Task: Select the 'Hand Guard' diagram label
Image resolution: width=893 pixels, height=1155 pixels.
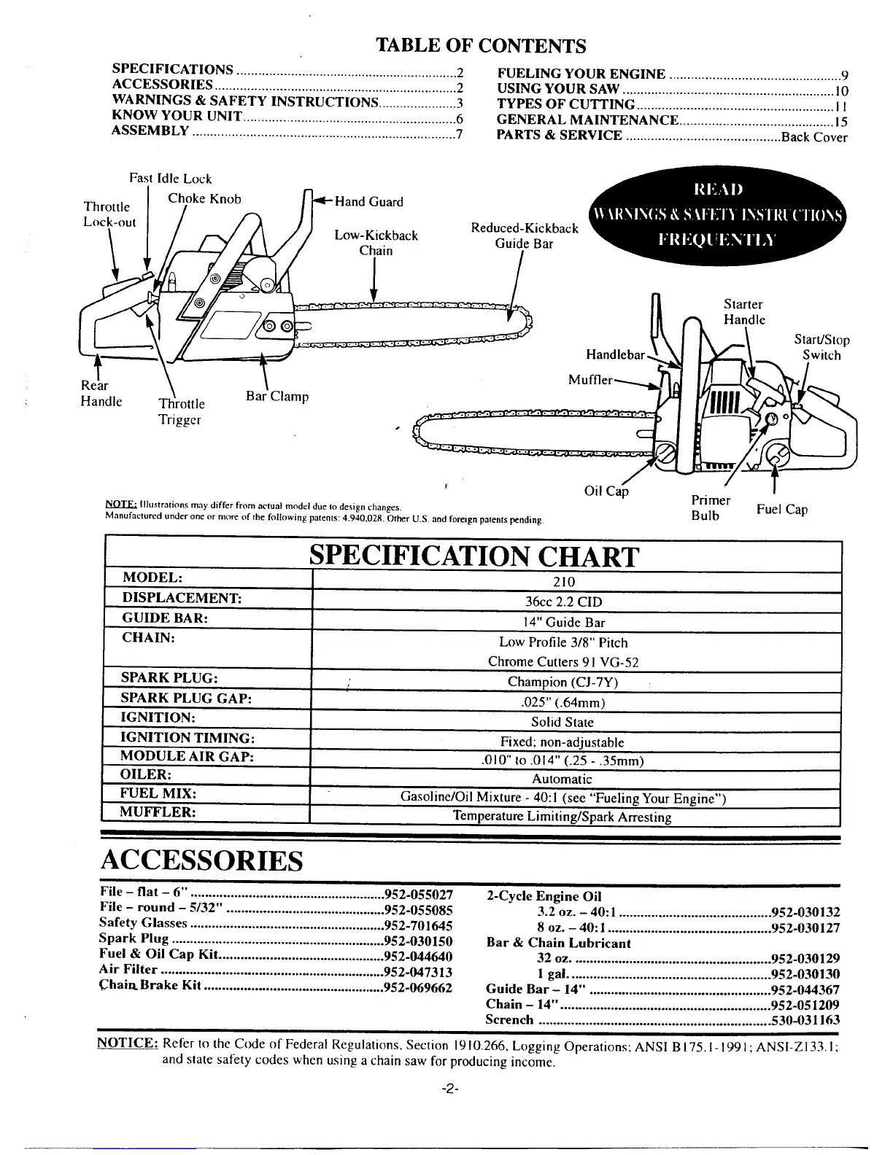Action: [368, 202]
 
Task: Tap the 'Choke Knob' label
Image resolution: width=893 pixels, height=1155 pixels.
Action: [204, 198]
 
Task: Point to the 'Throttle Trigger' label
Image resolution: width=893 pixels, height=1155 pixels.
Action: [182, 411]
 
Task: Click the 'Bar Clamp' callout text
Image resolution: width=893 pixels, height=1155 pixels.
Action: [277, 397]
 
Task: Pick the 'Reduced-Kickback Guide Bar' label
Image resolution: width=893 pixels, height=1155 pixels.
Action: [524, 236]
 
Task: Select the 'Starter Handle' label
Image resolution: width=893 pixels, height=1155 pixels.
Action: [743, 312]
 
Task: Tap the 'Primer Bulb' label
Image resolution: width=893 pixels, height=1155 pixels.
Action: [711, 508]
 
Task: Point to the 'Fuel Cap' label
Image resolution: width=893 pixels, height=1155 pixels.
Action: [782, 509]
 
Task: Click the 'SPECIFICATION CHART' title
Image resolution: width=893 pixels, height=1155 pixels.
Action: [474, 557]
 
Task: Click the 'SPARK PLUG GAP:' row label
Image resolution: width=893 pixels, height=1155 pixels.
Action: [186, 698]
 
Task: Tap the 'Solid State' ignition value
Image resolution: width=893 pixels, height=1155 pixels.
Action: [562, 723]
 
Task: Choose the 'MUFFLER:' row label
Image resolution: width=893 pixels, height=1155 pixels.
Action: [158, 812]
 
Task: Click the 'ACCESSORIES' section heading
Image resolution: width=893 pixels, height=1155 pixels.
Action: [201, 861]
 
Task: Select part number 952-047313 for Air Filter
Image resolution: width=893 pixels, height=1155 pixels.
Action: [418, 972]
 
